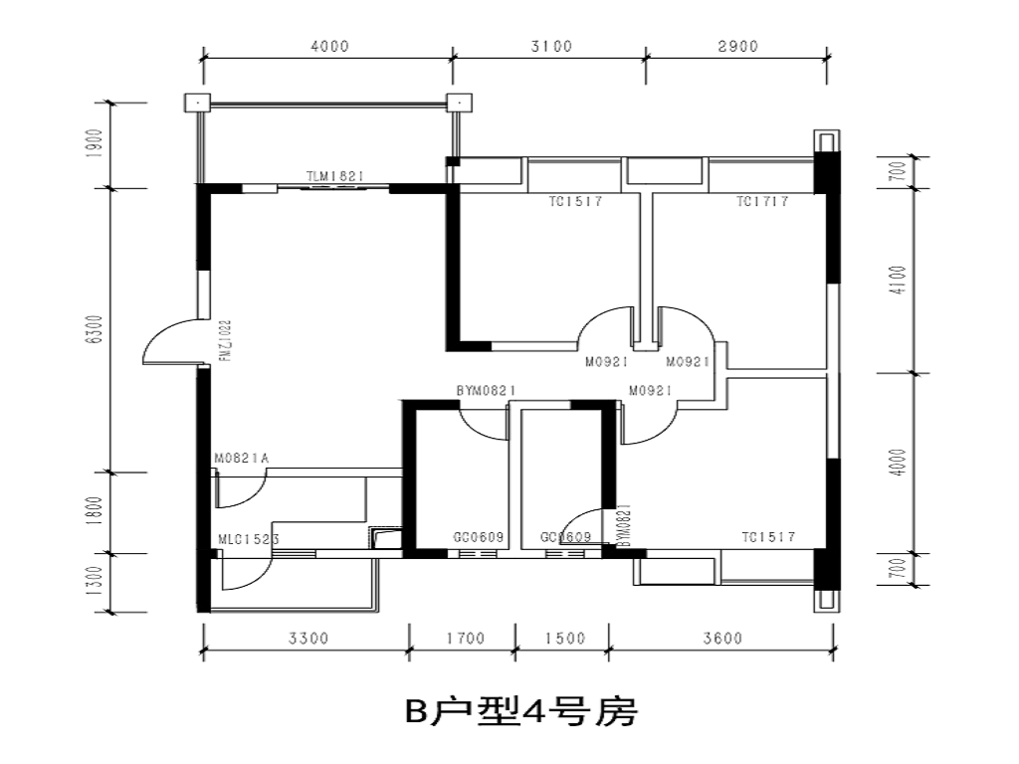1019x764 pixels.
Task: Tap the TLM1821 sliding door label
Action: tap(335, 177)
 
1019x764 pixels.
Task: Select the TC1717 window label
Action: tap(762, 202)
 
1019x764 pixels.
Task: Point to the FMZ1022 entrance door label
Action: tap(226, 340)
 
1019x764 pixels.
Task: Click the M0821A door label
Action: tap(242, 459)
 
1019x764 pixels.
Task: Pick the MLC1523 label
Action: tap(248, 539)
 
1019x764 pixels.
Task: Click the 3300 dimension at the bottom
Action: tap(307, 639)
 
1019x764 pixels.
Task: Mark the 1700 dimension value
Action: tap(464, 639)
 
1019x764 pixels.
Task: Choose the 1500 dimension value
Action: tap(564, 639)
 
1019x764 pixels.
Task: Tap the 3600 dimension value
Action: tap(721, 639)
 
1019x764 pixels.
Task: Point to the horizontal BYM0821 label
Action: tap(485, 391)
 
